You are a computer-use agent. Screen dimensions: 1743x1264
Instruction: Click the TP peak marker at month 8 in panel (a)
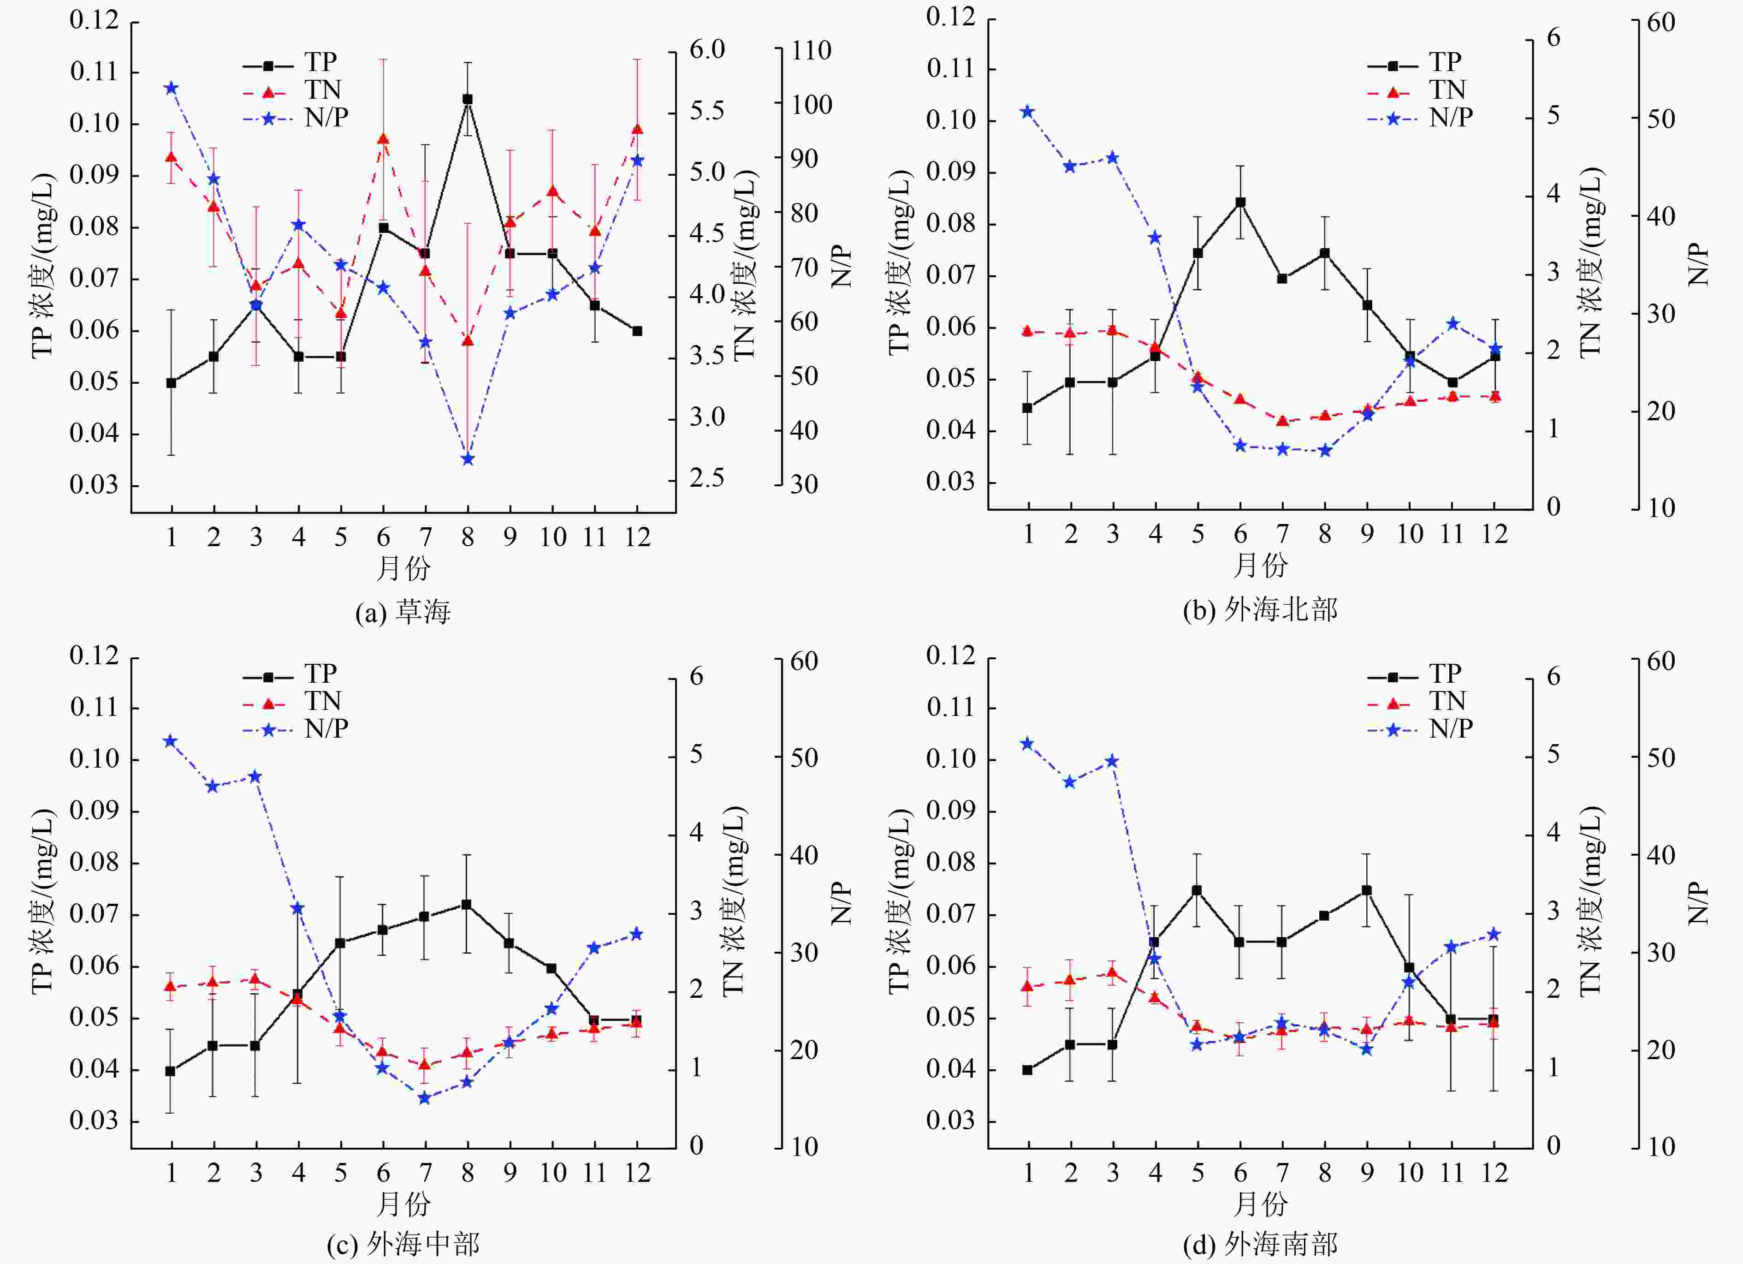coord(467,99)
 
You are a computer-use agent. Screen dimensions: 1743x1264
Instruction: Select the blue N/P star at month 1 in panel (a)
coord(172,88)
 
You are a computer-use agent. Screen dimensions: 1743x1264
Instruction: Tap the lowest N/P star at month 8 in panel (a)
coord(467,459)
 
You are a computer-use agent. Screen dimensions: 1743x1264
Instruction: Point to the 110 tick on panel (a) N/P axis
coord(812,51)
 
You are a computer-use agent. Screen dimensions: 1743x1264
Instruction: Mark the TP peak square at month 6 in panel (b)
coord(1240,202)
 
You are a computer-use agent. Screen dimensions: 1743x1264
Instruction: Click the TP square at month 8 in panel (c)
coord(467,904)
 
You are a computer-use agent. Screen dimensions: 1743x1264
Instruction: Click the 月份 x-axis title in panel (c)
coord(403,1204)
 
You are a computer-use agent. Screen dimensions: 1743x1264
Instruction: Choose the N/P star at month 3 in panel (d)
coord(1112,761)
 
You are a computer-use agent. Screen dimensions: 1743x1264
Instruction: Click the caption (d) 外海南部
coord(1260,1244)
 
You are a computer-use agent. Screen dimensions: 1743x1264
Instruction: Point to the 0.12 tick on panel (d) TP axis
coord(951,656)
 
